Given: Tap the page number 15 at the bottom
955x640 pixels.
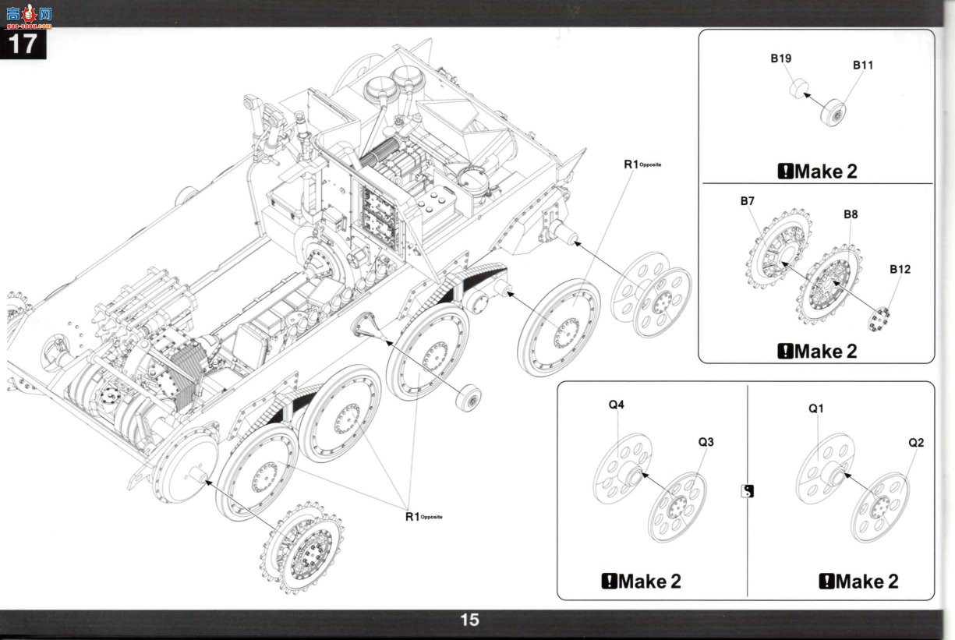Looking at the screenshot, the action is (x=469, y=620).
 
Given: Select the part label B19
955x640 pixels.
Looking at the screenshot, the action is (x=780, y=58).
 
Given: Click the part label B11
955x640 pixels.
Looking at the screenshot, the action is (x=863, y=65).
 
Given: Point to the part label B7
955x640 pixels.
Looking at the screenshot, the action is (x=748, y=201).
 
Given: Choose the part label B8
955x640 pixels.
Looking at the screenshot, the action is (x=851, y=214).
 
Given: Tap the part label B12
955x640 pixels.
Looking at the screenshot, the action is (x=900, y=269).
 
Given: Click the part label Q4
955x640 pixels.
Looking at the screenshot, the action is (x=616, y=405).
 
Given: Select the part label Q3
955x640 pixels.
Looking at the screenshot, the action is (x=706, y=442).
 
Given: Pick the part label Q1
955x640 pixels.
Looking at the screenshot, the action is (x=816, y=408).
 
